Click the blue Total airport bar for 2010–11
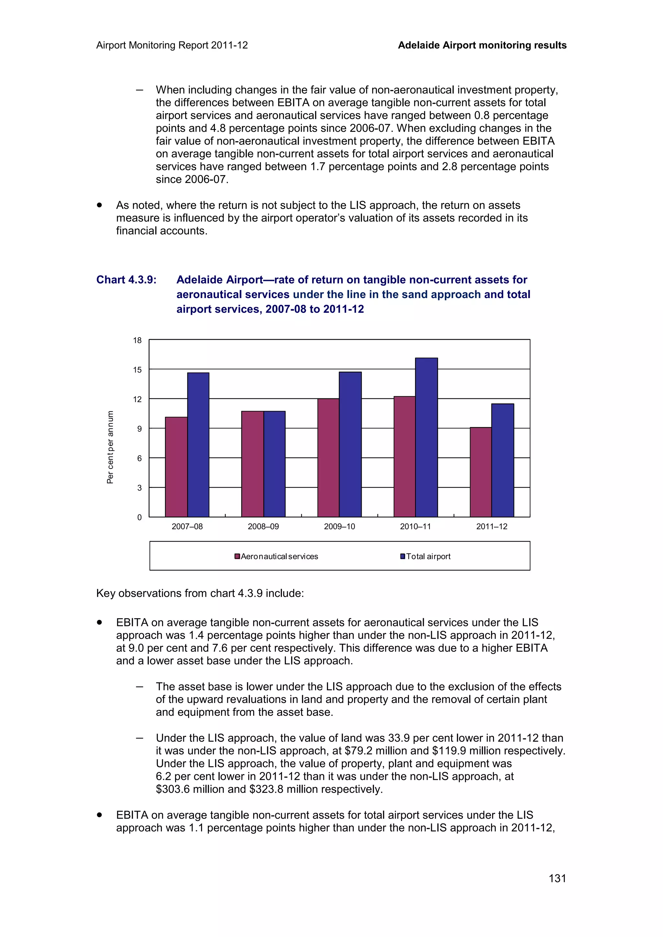(x=426, y=437)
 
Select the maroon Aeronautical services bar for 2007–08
(x=176, y=467)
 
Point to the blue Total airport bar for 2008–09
(x=274, y=464)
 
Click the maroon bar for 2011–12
(x=480, y=472)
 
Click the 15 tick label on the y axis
(x=137, y=370)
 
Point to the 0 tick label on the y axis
(x=139, y=517)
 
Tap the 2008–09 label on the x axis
(x=263, y=526)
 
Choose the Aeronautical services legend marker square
(x=237, y=556)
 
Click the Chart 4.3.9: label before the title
(x=126, y=280)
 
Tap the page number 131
(x=557, y=878)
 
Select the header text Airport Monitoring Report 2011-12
(x=172, y=45)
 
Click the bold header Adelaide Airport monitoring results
(x=482, y=45)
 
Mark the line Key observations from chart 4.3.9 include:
(x=200, y=593)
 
